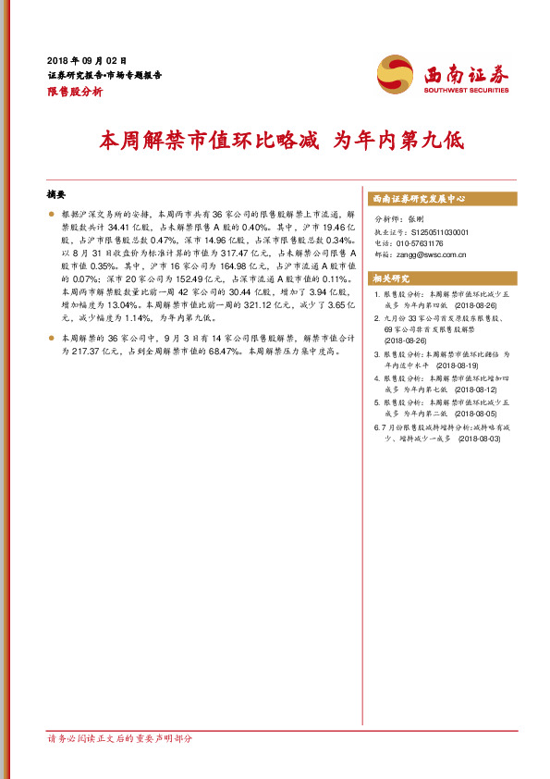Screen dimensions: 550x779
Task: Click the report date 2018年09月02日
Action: [86, 59]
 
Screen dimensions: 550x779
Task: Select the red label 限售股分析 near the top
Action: [74, 93]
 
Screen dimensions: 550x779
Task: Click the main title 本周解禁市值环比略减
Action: [209, 142]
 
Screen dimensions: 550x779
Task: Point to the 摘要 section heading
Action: [56, 195]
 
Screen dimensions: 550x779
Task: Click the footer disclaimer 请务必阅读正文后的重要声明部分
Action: [119, 739]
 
